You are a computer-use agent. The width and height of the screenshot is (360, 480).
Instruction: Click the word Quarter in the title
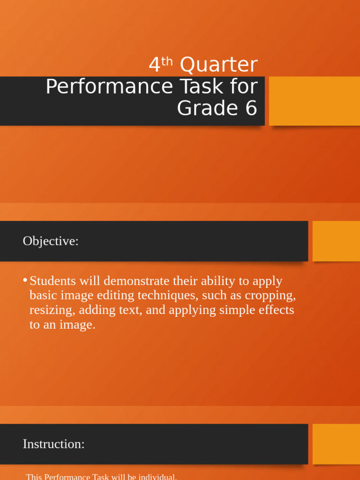pyautogui.click(x=219, y=65)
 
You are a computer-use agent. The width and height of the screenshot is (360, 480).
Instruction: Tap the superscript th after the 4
pyautogui.click(x=167, y=61)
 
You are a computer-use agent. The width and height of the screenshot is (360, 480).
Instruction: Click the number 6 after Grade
pyautogui.click(x=251, y=108)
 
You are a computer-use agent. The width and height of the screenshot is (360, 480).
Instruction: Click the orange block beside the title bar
pyautogui.click(x=314, y=101)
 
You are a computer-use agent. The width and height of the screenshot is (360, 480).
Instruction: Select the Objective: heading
pyautogui.click(x=51, y=241)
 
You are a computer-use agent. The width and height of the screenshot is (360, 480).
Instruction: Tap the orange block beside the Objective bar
pyautogui.click(x=336, y=241)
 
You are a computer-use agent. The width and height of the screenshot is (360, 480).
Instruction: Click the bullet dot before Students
pyautogui.click(x=25, y=280)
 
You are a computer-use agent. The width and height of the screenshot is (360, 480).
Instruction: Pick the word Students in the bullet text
pyautogui.click(x=52, y=281)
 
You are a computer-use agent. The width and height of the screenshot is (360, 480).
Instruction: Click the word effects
pyautogui.click(x=277, y=310)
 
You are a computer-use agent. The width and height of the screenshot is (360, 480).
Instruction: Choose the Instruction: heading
pyautogui.click(x=53, y=444)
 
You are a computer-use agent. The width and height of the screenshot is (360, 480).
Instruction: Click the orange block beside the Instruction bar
pyautogui.click(x=336, y=444)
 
